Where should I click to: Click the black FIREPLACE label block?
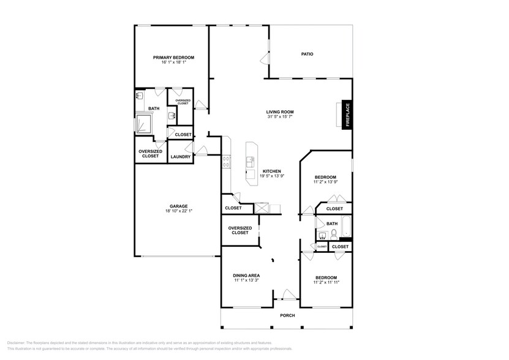[x=347, y=114]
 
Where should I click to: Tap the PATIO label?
[x=307, y=54]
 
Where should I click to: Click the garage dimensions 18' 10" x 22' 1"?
[x=179, y=211]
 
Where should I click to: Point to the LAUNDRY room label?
[x=181, y=157]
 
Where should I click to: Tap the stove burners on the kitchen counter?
[x=227, y=162]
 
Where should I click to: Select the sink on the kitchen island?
[x=251, y=162]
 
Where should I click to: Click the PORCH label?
[x=287, y=315]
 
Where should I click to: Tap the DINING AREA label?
[x=246, y=276]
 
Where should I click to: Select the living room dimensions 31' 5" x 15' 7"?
[x=280, y=117]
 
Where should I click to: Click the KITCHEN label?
[x=272, y=171]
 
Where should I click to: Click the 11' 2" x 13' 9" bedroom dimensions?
[x=325, y=182]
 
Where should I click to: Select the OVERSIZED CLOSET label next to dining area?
[x=239, y=230]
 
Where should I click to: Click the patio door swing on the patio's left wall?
[x=265, y=59]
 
